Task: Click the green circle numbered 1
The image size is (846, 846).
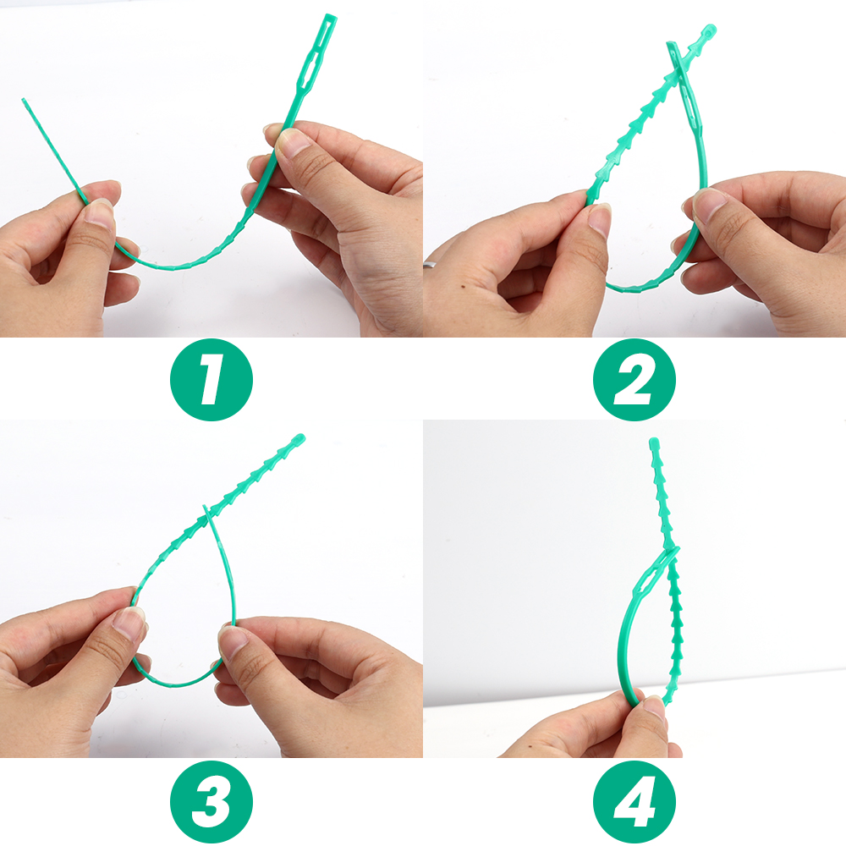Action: pos(211,379)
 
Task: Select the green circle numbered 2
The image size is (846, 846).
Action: pos(634,379)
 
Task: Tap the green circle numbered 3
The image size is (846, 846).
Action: pos(211,800)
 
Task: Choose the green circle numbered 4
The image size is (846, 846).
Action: pos(634,800)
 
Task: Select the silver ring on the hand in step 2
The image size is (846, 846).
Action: pos(431,268)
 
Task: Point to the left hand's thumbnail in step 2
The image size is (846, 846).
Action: pos(600,218)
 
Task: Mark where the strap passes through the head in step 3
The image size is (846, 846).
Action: pos(208,514)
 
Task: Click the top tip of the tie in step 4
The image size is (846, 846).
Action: pos(653,442)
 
